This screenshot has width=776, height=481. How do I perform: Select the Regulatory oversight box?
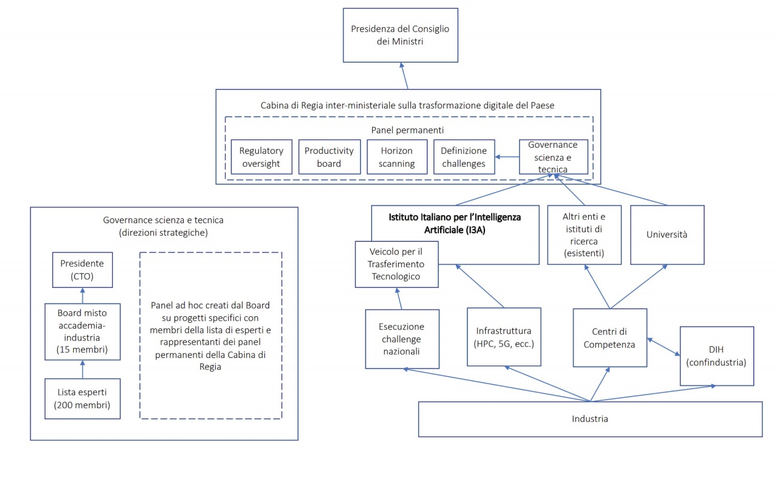261,157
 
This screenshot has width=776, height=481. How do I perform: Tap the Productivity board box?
329,157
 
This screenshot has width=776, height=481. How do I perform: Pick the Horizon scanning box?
396,157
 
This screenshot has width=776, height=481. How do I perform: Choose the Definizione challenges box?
464,157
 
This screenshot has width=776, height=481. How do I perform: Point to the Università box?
667,234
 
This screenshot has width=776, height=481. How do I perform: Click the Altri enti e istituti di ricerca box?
584,234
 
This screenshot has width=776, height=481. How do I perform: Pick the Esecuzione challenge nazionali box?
403,339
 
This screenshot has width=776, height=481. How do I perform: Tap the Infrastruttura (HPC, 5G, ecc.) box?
504,337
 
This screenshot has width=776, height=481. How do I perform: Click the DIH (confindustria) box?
717,356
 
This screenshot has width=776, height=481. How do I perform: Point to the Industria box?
590,419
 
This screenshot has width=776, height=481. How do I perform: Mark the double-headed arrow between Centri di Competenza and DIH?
663,347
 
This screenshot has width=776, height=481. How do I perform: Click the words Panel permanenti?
404,130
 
